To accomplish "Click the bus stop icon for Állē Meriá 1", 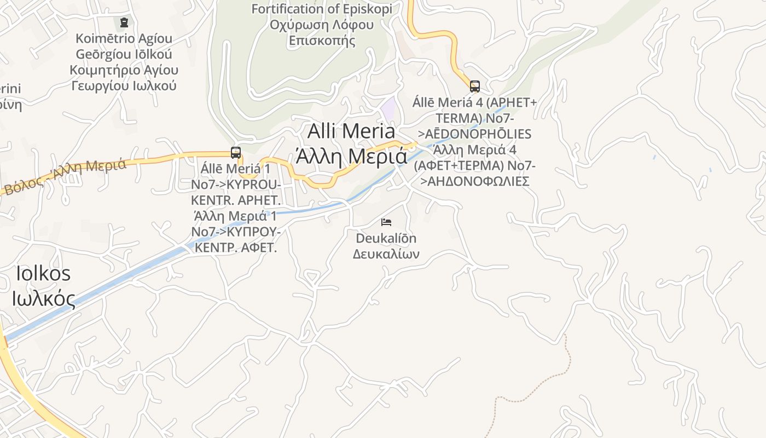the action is [236, 153].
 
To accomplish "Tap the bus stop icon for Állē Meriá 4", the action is [474, 86].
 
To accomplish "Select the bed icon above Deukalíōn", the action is [386, 222].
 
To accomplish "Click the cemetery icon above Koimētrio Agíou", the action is [124, 22].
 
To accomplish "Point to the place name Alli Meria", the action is [351, 131].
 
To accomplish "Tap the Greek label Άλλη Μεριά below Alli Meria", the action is [351, 157].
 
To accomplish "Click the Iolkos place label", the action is [43, 273].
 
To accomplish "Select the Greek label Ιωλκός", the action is [43, 299].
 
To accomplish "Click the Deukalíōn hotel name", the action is [386, 239].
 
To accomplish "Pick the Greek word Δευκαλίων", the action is [386, 254].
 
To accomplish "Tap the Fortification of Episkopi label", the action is [322, 9].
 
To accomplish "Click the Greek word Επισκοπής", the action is [322, 41].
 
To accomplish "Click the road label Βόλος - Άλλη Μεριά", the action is [65, 176].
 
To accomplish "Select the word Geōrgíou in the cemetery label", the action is [124, 54].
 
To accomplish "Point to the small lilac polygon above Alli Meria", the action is [389, 107].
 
